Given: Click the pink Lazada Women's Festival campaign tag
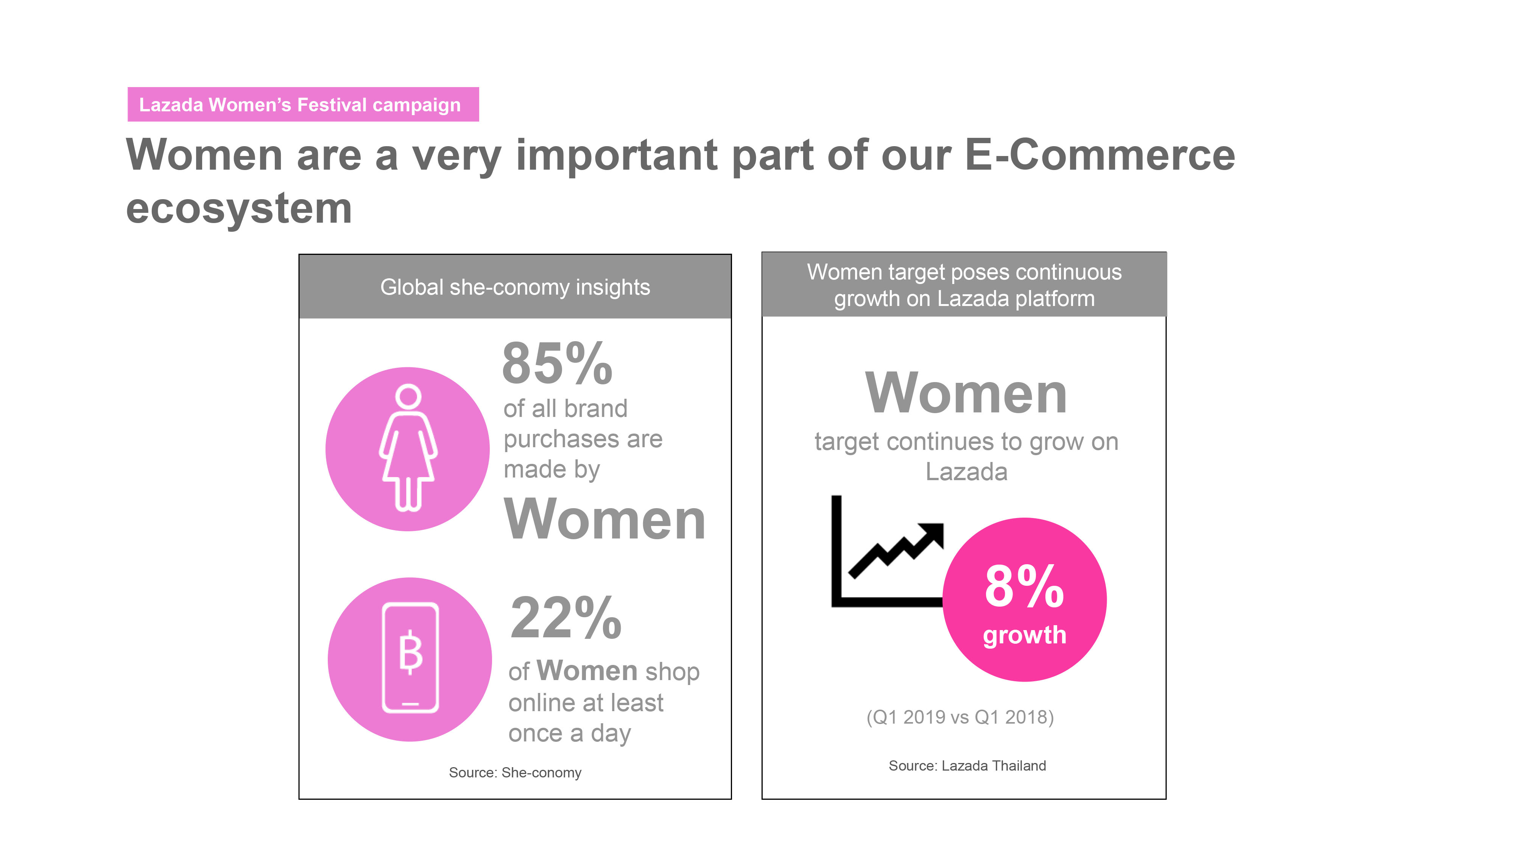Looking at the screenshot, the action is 303,105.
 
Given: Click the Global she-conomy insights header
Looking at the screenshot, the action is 515,287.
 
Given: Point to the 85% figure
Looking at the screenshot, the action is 557,364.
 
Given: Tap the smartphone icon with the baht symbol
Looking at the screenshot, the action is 410,657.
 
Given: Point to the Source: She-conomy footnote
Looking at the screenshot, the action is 515,772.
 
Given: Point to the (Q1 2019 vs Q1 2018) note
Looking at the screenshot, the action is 960,717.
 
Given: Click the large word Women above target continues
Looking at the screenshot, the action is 966,393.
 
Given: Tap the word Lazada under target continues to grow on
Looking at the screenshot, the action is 966,471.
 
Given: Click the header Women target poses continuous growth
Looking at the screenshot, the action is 964,285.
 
